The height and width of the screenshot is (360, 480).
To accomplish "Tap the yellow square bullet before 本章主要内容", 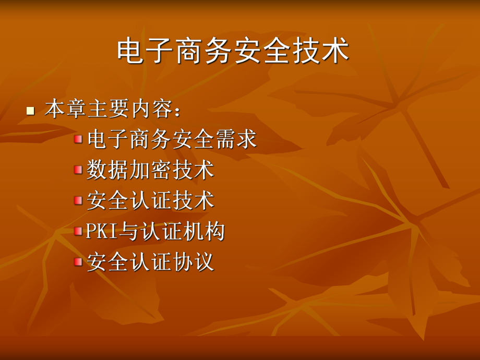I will coord(30,111).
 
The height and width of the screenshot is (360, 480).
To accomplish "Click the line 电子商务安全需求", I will coord(172,139).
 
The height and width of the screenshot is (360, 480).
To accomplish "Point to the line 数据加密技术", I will coord(150,170).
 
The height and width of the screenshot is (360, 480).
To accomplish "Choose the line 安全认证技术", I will coord(150,201).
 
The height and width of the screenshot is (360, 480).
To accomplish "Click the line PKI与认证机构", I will coord(155,231).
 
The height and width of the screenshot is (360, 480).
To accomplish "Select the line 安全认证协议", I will coord(150,261).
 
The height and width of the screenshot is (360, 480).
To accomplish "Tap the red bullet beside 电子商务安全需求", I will coord(78,139).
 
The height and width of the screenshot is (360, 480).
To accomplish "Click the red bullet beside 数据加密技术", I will coord(78,170).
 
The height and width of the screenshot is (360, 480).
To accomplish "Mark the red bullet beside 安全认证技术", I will coord(78,200).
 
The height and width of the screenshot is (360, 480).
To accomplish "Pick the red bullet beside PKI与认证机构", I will coord(78,231).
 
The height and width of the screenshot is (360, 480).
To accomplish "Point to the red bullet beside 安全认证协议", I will coord(78,261).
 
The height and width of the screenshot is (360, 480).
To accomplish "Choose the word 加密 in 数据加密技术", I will coord(150,170).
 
